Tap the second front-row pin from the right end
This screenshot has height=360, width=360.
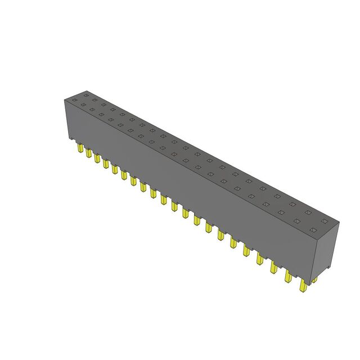[x=289, y=276]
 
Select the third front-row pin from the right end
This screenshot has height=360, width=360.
[x=275, y=267]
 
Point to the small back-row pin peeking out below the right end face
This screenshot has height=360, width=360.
[x=315, y=279]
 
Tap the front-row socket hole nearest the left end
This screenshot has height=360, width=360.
[x=83, y=104]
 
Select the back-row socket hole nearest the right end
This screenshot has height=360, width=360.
[x=323, y=221]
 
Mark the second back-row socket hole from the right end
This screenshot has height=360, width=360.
[x=307, y=213]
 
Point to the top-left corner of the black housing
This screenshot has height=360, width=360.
[x=64, y=98]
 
